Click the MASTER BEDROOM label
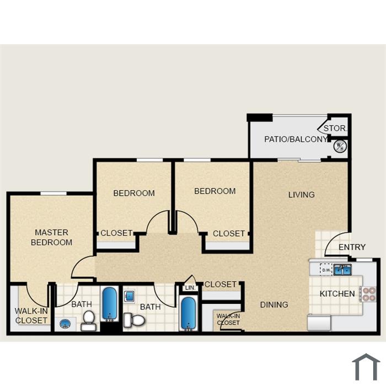[51, 237]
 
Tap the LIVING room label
[302, 195]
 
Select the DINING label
[274, 305]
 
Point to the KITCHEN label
[337, 294]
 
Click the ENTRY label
[352, 247]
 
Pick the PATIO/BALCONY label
[296, 139]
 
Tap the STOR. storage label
[335, 128]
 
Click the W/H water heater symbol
[340, 147]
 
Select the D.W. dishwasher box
[326, 270]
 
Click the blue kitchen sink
[342, 270]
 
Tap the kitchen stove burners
[368, 294]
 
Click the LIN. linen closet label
[190, 288]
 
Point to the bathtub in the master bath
[110, 304]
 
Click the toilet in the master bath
[89, 320]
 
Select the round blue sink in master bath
[65, 324]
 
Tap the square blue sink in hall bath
[130, 296]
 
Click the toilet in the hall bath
[134, 320]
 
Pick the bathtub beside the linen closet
[189, 313]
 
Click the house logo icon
[366, 367]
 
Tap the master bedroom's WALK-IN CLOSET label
[31, 315]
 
